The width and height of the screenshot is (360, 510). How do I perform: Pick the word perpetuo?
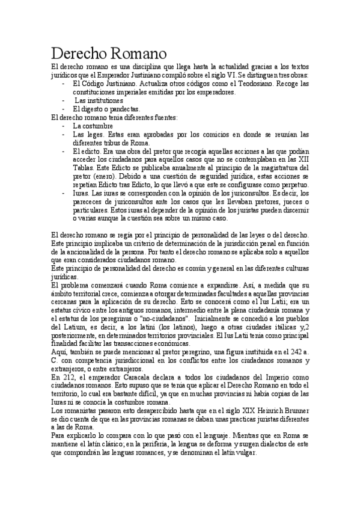pyautogui.click(x=293, y=186)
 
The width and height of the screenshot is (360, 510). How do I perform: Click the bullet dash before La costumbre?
pyautogui.click(x=64, y=127)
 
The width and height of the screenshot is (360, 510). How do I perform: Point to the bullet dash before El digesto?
pyautogui.click(x=64, y=109)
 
